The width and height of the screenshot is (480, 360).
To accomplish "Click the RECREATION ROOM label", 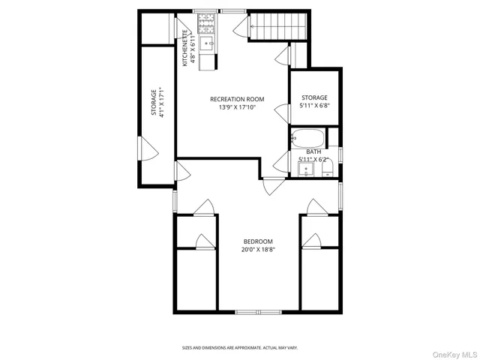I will point(237,98).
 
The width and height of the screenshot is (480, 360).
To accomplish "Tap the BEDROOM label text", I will point(257,241).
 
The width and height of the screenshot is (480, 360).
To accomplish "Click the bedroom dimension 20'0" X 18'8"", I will point(257,249).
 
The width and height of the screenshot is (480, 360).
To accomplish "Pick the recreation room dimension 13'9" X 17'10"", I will point(237,106).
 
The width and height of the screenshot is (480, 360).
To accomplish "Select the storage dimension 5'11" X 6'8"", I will point(315,106).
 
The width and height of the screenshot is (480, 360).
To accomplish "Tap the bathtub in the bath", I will point(307,139).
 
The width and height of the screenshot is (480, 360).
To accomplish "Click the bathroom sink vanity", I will point(306,169).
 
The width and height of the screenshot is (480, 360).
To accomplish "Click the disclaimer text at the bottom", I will point(240,347).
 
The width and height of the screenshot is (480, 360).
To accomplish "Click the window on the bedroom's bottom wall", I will point(256,311).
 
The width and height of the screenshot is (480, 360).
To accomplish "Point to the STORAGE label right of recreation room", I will point(315,97).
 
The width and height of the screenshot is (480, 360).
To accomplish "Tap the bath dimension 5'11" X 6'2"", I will point(313,159).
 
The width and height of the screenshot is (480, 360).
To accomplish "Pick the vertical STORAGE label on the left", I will point(154,103).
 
